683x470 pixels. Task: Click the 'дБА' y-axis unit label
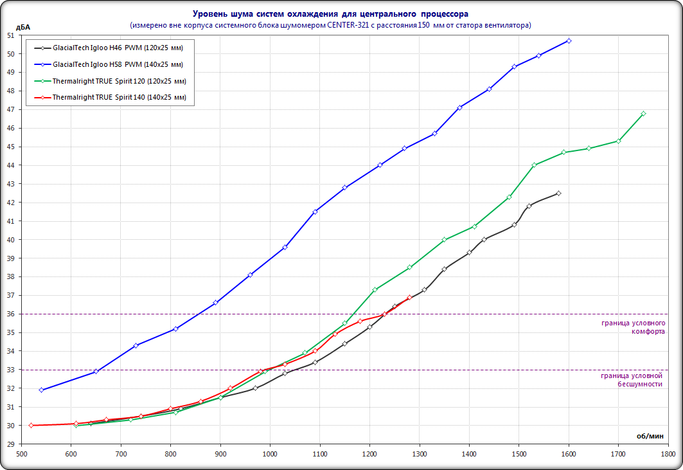coord(22,26)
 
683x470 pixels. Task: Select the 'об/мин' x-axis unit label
coord(650,436)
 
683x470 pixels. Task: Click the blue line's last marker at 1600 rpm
coord(569,41)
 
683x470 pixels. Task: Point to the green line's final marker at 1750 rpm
coord(643,114)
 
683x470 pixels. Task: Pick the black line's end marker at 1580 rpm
coord(558,194)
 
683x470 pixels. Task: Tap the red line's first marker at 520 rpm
coord(31,426)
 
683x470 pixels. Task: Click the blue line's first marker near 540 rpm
coord(41,390)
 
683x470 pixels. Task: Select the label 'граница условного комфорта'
coord(632,327)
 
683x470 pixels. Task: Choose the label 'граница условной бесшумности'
coord(631,379)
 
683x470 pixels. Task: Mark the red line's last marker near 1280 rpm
coord(409,298)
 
